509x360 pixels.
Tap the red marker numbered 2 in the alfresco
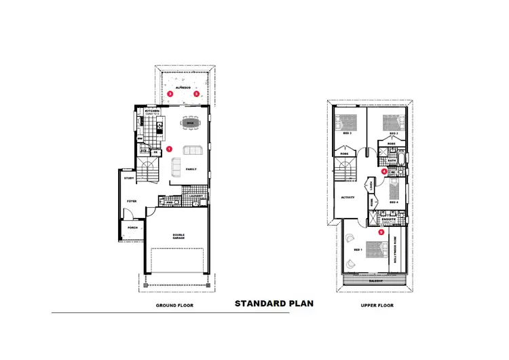click(x=170, y=94)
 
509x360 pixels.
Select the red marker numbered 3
click(x=196, y=94)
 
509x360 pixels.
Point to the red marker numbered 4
click(x=384, y=172)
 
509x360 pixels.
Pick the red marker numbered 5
click(x=381, y=232)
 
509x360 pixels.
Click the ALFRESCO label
click(x=183, y=88)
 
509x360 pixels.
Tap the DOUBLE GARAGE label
click(x=178, y=236)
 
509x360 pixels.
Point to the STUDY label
click(x=129, y=178)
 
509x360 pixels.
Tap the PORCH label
click(x=132, y=228)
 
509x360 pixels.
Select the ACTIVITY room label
click(x=347, y=197)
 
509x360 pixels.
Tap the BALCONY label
click(x=376, y=280)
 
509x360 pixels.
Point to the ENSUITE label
click(x=389, y=219)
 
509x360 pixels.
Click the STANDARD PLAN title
click(x=274, y=304)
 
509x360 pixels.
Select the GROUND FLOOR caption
click(x=174, y=306)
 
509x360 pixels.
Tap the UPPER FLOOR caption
click(x=377, y=306)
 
